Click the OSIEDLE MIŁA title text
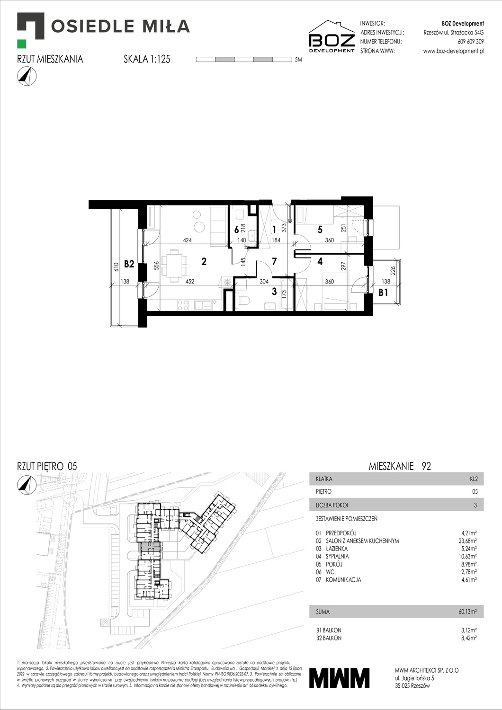click(x=120, y=26)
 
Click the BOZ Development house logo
click(x=332, y=36)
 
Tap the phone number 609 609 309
click(x=470, y=42)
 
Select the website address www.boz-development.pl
click(x=453, y=51)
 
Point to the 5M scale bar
click(x=244, y=60)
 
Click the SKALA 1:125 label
click(x=147, y=59)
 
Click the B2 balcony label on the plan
click(x=129, y=264)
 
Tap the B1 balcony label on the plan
click(x=383, y=293)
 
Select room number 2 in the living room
click(x=204, y=261)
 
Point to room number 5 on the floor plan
click(x=320, y=230)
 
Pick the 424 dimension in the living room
click(x=187, y=240)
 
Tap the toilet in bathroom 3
click(x=245, y=301)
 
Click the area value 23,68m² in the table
click(x=467, y=541)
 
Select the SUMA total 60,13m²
click(x=467, y=612)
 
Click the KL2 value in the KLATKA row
click(x=473, y=479)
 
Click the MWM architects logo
click(x=339, y=678)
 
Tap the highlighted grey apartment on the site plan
click(x=149, y=550)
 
